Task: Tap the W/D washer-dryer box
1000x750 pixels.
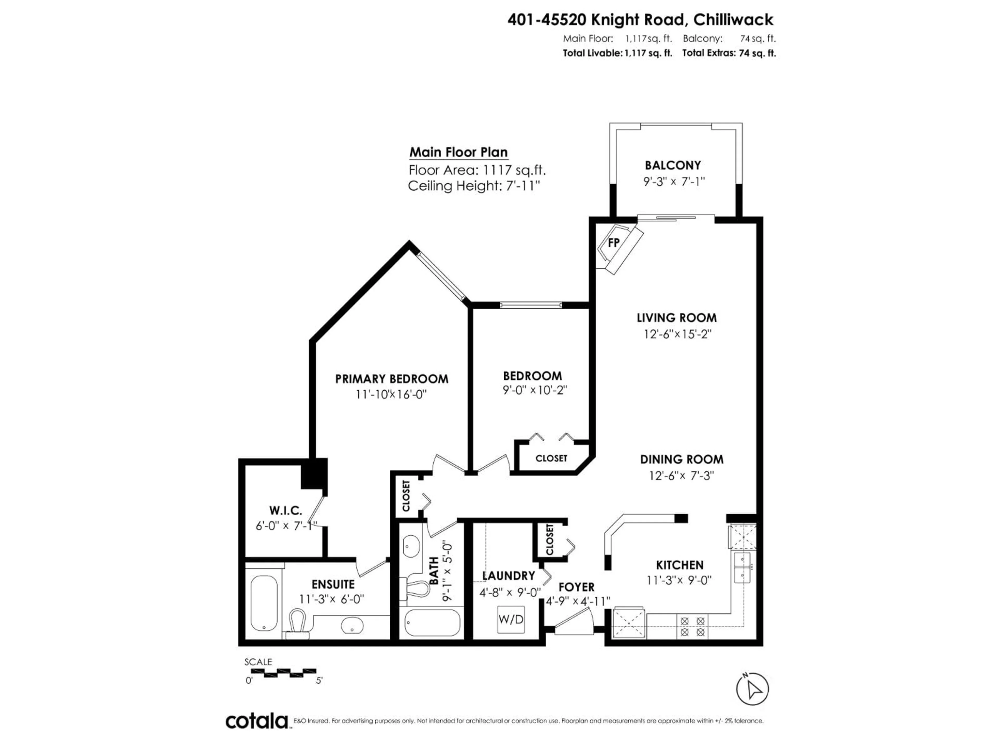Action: tap(511, 619)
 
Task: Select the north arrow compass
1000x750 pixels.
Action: tap(752, 689)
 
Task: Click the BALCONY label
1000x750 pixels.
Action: tap(673, 165)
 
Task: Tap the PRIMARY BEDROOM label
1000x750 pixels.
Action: tap(391, 379)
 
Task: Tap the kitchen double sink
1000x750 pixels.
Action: tap(742, 567)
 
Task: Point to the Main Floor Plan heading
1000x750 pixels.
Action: tap(458, 152)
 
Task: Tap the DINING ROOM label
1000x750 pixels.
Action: tap(681, 459)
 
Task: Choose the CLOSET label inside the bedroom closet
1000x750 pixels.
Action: tap(551, 458)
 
